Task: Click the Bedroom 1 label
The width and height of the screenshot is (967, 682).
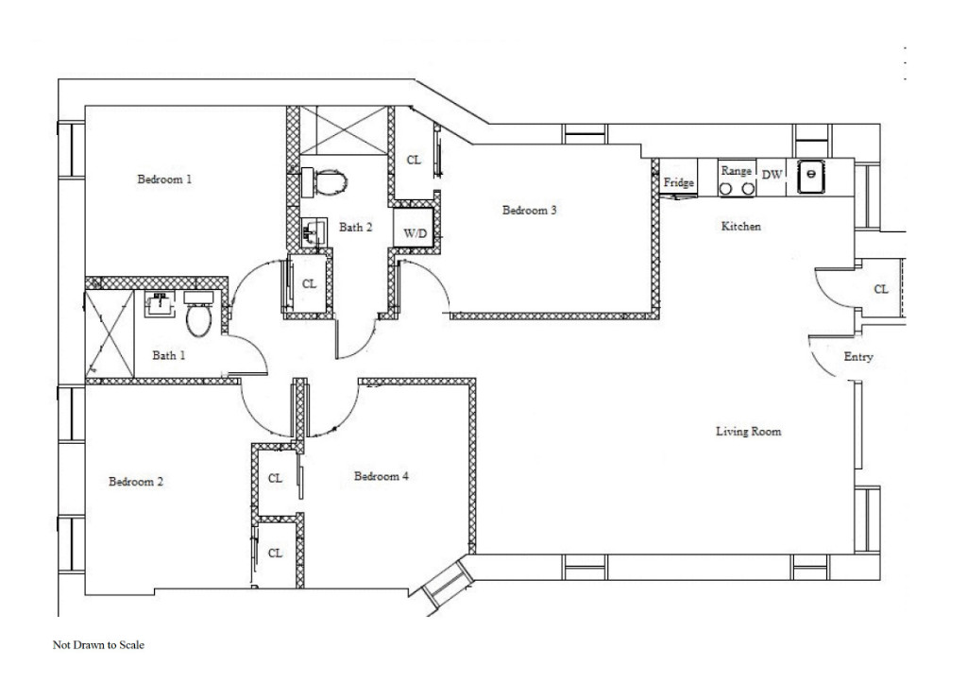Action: click(x=165, y=179)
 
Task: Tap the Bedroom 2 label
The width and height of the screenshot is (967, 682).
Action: click(x=136, y=482)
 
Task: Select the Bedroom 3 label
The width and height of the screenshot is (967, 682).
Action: click(x=529, y=211)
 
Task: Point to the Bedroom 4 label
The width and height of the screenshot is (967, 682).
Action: click(x=382, y=477)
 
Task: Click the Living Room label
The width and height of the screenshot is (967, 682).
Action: click(x=750, y=432)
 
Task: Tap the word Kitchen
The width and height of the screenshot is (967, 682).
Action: click(x=741, y=227)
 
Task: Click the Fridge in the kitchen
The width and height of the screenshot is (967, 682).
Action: click(x=679, y=181)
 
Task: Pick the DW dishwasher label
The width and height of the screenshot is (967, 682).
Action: click(x=772, y=175)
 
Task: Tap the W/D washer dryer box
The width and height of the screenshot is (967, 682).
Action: click(x=416, y=231)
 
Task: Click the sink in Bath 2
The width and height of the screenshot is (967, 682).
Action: click(x=313, y=230)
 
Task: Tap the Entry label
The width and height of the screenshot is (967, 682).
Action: click(x=858, y=358)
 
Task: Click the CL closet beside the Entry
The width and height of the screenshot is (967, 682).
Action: click(x=881, y=289)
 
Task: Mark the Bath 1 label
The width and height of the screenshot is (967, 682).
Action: click(x=167, y=356)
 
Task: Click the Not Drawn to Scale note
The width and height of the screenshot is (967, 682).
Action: click(x=98, y=646)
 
